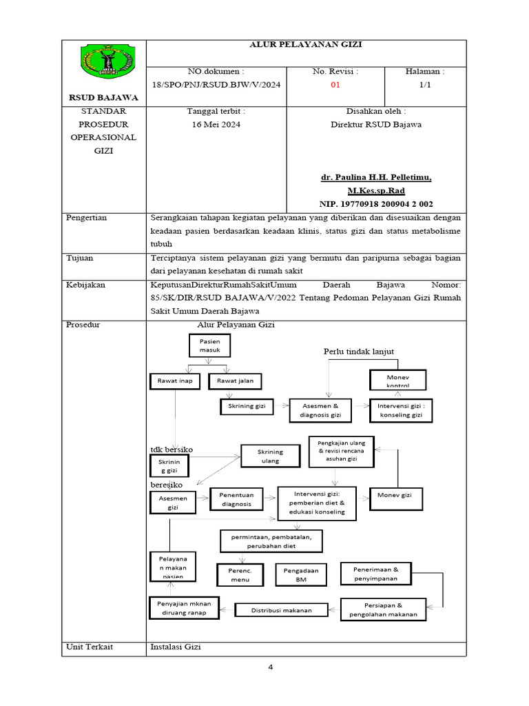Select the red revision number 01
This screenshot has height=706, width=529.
[335, 85]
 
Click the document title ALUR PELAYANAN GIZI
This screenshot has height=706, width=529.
[304, 45]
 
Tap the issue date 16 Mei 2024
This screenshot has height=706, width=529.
[216, 125]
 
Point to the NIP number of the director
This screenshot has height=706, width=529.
[376, 204]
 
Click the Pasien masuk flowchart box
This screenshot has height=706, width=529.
[210, 345]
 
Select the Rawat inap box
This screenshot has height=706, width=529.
[174, 381]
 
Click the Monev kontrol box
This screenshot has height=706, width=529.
[398, 380]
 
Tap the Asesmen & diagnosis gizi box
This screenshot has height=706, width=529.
[321, 411]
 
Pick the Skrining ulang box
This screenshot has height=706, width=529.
[270, 456]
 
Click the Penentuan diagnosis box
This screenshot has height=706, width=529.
[236, 499]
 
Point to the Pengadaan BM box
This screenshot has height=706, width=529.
[300, 575]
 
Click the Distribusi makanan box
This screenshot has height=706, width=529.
[281, 610]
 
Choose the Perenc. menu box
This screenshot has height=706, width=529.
[240, 575]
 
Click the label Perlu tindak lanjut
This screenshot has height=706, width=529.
[359, 352]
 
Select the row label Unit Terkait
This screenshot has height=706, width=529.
[90, 647]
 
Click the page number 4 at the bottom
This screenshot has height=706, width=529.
[271, 667]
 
